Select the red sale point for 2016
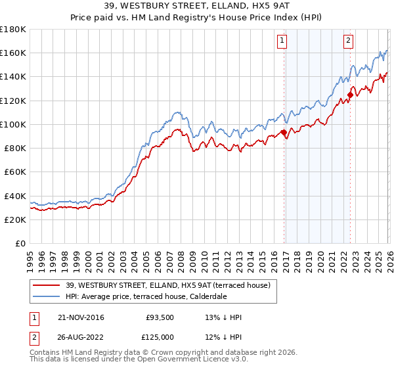(x=284, y=132)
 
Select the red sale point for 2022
(x=350, y=95)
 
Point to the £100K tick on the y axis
(x=13, y=124)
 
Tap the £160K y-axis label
(x=13, y=53)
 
